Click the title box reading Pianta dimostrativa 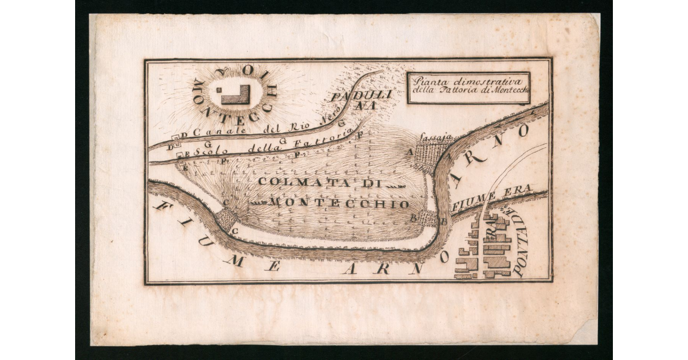pos(468,87)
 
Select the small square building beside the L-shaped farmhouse pos(219,90)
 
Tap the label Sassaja pos(436,138)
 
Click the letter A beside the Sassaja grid pos(410,152)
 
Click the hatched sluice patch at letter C pos(229,217)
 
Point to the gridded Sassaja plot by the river pos(431,155)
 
